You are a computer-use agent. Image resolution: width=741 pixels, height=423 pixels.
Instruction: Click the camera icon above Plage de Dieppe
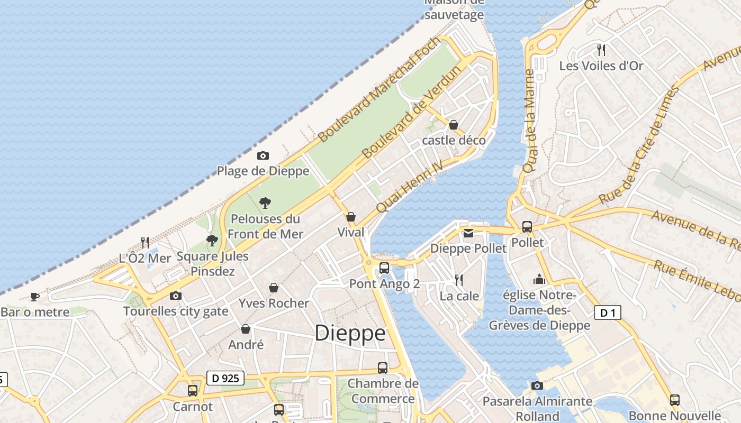click(263, 155)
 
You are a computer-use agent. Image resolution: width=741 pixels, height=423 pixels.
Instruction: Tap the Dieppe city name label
click(350, 333)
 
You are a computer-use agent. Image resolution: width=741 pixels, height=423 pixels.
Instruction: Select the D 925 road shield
click(225, 378)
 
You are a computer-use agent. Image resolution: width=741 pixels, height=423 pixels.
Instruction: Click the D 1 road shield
click(607, 313)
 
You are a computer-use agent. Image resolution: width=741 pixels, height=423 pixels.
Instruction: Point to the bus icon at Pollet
click(527, 226)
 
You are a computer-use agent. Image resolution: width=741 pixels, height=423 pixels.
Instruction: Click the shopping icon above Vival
click(350, 217)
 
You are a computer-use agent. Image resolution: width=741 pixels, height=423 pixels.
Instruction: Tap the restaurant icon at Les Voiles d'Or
click(601, 50)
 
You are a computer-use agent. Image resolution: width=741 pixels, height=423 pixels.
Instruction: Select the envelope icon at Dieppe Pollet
click(468, 233)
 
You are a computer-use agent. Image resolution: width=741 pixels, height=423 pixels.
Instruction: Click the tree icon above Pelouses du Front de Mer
click(265, 203)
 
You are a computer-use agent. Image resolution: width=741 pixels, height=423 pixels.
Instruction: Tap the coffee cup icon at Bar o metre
click(35, 297)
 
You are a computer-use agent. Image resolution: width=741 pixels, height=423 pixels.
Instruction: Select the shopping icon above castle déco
click(454, 125)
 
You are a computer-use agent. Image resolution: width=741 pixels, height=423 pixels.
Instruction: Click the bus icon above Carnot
click(193, 391)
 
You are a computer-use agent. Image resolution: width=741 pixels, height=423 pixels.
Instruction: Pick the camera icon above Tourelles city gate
click(176, 296)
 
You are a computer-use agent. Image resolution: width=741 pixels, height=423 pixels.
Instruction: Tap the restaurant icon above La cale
click(459, 280)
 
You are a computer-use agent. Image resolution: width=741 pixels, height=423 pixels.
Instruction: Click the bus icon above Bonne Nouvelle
click(674, 400)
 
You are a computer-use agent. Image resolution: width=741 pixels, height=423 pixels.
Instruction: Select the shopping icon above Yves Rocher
click(274, 288)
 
